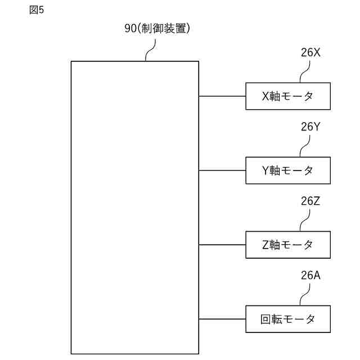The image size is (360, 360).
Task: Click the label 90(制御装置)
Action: (x=157, y=29)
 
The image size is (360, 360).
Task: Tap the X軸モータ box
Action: (x=287, y=96)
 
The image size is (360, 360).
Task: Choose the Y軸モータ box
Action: (x=287, y=170)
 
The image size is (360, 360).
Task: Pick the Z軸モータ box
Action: (x=287, y=245)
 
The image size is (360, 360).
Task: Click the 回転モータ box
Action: (x=287, y=319)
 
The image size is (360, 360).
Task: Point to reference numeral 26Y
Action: (x=310, y=127)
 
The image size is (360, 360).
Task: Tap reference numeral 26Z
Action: (x=310, y=201)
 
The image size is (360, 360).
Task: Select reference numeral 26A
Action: (x=310, y=275)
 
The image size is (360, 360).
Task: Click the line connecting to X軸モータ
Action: (x=222, y=96)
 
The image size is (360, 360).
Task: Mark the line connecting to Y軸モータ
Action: (x=222, y=170)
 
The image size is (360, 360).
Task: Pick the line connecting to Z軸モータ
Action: (x=222, y=245)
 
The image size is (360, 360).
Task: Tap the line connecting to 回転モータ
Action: (x=222, y=319)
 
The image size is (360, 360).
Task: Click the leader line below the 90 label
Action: (x=150, y=51)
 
